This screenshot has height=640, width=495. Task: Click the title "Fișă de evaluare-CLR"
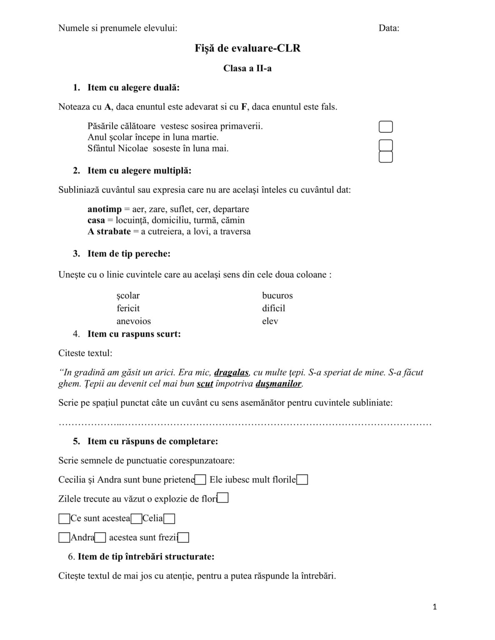[247, 48]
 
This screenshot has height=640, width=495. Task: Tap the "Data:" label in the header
[389, 28]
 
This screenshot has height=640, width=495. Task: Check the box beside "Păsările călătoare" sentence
[385, 127]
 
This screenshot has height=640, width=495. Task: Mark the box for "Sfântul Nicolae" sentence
[385, 157]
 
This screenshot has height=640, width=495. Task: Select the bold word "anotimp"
[105, 209]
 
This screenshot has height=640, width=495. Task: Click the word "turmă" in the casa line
[201, 220]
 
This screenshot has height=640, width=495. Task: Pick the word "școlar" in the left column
[128, 296]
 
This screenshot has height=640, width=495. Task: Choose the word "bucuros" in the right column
[277, 296]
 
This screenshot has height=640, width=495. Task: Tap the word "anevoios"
[133, 321]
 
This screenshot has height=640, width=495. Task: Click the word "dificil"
[274, 308]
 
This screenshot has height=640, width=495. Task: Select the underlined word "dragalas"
[231, 372]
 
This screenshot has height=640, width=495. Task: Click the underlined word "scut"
[205, 384]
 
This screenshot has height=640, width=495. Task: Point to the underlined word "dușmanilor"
[278, 384]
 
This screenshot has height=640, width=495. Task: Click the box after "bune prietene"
[201, 480]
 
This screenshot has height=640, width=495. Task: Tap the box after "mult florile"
[302, 480]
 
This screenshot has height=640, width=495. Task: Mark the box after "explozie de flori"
[223, 498]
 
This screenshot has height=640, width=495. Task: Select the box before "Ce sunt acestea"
[64, 519]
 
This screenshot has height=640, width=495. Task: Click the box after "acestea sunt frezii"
[183, 538]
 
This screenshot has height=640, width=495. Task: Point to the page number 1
[435, 607]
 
